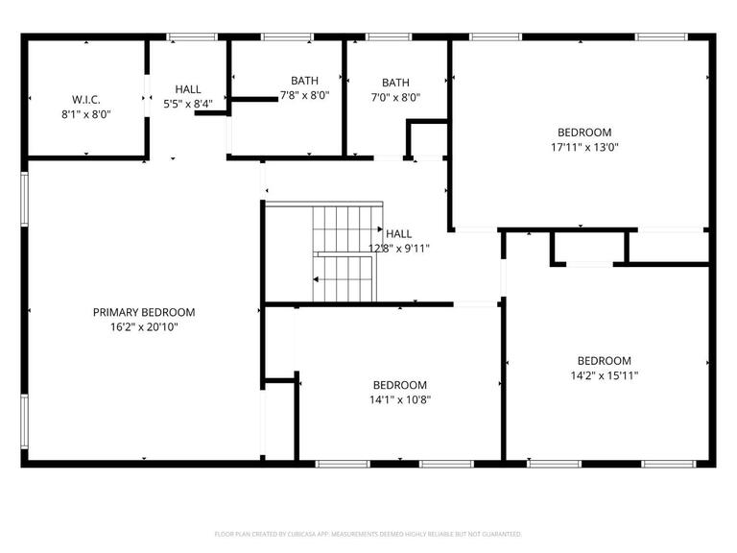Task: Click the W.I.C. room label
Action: (86, 99)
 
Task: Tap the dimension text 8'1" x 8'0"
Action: (86, 113)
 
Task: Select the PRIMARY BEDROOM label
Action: (144, 312)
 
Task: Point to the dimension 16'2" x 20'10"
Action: (144, 326)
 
